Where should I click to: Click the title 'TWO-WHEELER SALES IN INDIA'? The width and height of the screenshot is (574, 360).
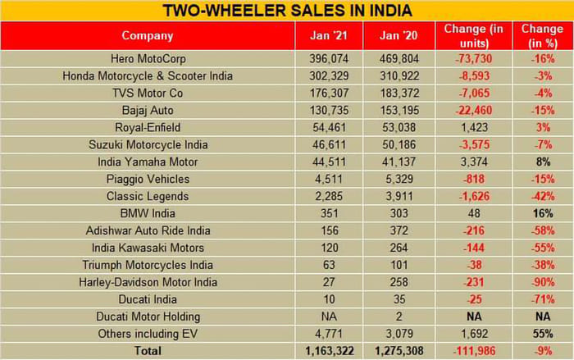(x=287, y=11)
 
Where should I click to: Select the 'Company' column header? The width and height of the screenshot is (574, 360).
(x=148, y=35)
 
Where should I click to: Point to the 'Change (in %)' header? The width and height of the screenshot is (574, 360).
(x=542, y=35)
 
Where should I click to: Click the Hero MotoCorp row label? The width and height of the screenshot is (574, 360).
(x=148, y=59)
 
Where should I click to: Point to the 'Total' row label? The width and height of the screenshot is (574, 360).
(x=148, y=350)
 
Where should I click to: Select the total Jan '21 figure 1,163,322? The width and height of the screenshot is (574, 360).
(x=326, y=350)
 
